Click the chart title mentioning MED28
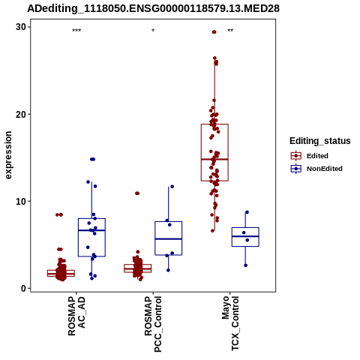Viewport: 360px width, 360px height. coord(153,8)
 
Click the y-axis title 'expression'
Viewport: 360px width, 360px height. coord(8,155)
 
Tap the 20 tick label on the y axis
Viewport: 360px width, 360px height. coord(21,114)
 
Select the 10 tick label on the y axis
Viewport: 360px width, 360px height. coord(21,201)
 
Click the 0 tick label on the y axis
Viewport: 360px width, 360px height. coord(24,289)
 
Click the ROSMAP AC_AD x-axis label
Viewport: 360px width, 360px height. coord(76,316)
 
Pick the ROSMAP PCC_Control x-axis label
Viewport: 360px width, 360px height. coord(153,324)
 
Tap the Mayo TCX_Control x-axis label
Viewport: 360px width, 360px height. coord(230,323)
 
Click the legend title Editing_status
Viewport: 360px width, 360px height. coord(320,141)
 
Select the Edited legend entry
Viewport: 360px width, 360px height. coord(310,156)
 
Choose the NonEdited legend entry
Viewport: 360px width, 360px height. coord(316,169)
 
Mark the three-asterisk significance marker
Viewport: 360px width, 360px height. coord(76,31)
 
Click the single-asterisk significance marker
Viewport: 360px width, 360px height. coord(153,31)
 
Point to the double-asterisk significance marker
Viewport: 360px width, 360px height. coord(230,31)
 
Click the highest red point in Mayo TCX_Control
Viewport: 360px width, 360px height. coord(214,32)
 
